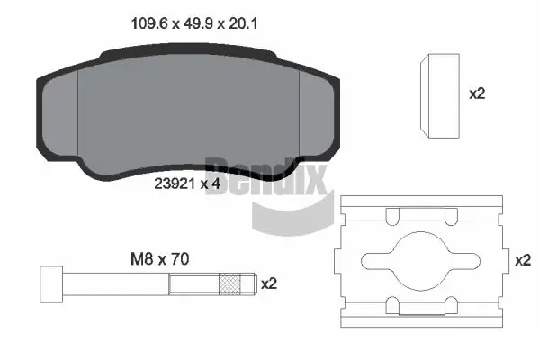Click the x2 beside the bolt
[x=268, y=283]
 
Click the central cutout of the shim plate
[x=419, y=259]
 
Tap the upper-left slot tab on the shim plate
[x=391, y=216]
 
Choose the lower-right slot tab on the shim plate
[x=450, y=302]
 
